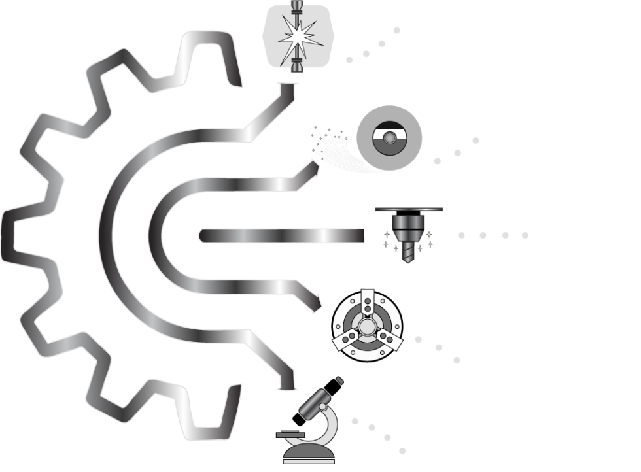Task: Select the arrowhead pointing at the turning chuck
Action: tap(319, 302)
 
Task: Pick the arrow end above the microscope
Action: tap(286, 386)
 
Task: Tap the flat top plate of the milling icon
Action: tap(409, 209)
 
